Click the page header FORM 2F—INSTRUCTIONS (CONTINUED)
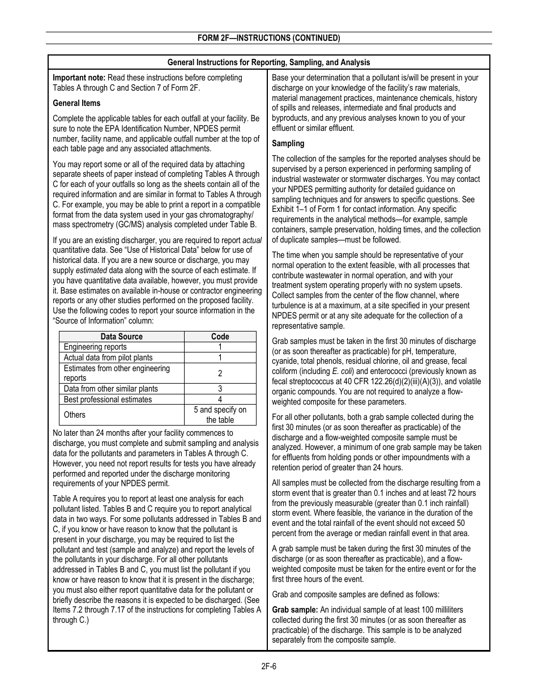pyautogui.click(x=268, y=39)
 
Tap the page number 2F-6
pyautogui.click(x=268, y=666)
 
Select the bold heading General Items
pyautogui.click(x=76, y=103)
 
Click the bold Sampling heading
pyautogui.click(x=288, y=143)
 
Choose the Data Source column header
pyautogui.click(x=121, y=337)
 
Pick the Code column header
pyautogui.click(x=220, y=337)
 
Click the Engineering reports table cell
pyautogui.click(x=95, y=347)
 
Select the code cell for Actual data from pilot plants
pyautogui.click(x=220, y=358)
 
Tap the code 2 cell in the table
pyautogui.click(x=220, y=373)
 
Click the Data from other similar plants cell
pyautogui.click(x=110, y=389)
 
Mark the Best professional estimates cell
pyautogui.click(x=108, y=399)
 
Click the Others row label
pyautogui.click(x=75, y=415)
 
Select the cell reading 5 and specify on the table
pyautogui.click(x=220, y=415)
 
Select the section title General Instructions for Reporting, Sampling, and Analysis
pyautogui.click(x=268, y=62)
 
